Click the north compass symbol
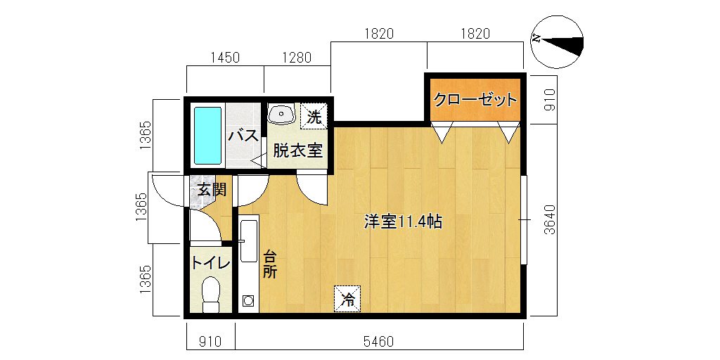pyautogui.click(x=557, y=41)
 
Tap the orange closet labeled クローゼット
pyautogui.click(x=475, y=100)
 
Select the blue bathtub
pyautogui.click(x=208, y=136)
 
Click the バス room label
pyautogui.click(x=243, y=136)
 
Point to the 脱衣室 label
pyautogui.click(x=297, y=150)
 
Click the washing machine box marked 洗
pyautogui.click(x=314, y=117)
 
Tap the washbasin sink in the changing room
pyautogui.click(x=281, y=114)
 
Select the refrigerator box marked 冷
pyautogui.click(x=347, y=299)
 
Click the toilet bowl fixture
pyautogui.click(x=211, y=295)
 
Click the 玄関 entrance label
pyautogui.click(x=212, y=190)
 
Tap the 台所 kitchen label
pyautogui.click(x=269, y=264)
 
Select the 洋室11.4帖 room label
pyautogui.click(x=403, y=222)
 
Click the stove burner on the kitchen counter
pyautogui.click(x=248, y=301)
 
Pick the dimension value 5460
pyautogui.click(x=378, y=342)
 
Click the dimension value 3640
pyautogui.click(x=550, y=219)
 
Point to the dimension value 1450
pyautogui.click(x=226, y=58)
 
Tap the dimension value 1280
pyautogui.click(x=297, y=58)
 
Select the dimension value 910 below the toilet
pyautogui.click(x=210, y=342)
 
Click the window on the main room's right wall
pyautogui.click(x=524, y=219)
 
